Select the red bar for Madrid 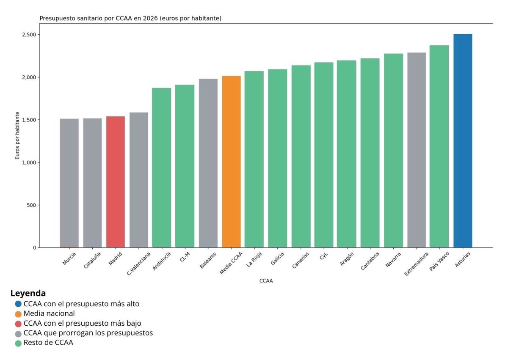116,182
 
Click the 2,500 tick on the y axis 28,35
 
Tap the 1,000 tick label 28,162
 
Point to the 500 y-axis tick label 31,205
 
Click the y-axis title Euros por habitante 18,135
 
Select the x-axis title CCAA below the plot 266,281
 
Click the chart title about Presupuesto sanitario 130,19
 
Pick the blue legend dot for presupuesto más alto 18,304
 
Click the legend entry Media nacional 49,313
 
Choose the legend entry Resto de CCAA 48,343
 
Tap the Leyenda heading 28,293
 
